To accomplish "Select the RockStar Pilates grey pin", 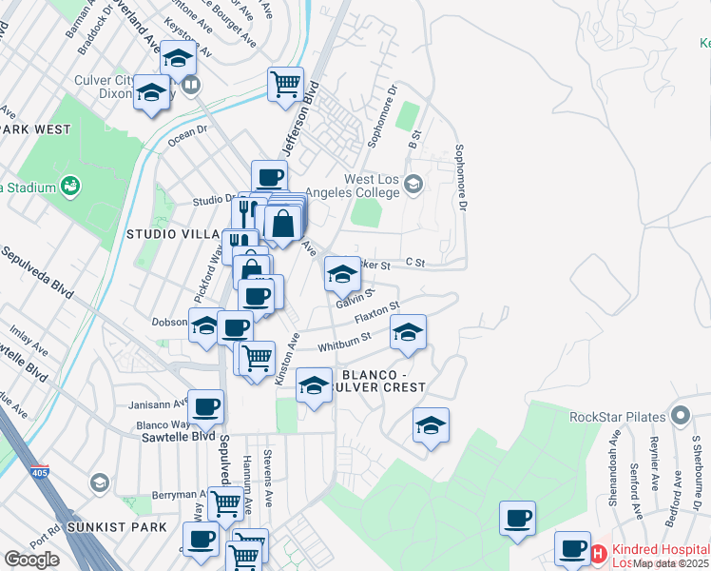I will (x=680, y=416).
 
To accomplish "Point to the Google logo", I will (x=31, y=560).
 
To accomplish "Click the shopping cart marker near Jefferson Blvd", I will (x=285, y=84).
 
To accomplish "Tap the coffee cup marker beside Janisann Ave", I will (x=205, y=406).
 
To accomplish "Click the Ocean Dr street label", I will (x=187, y=137).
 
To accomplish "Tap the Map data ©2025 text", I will (x=670, y=563).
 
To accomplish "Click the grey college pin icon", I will (x=413, y=183).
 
